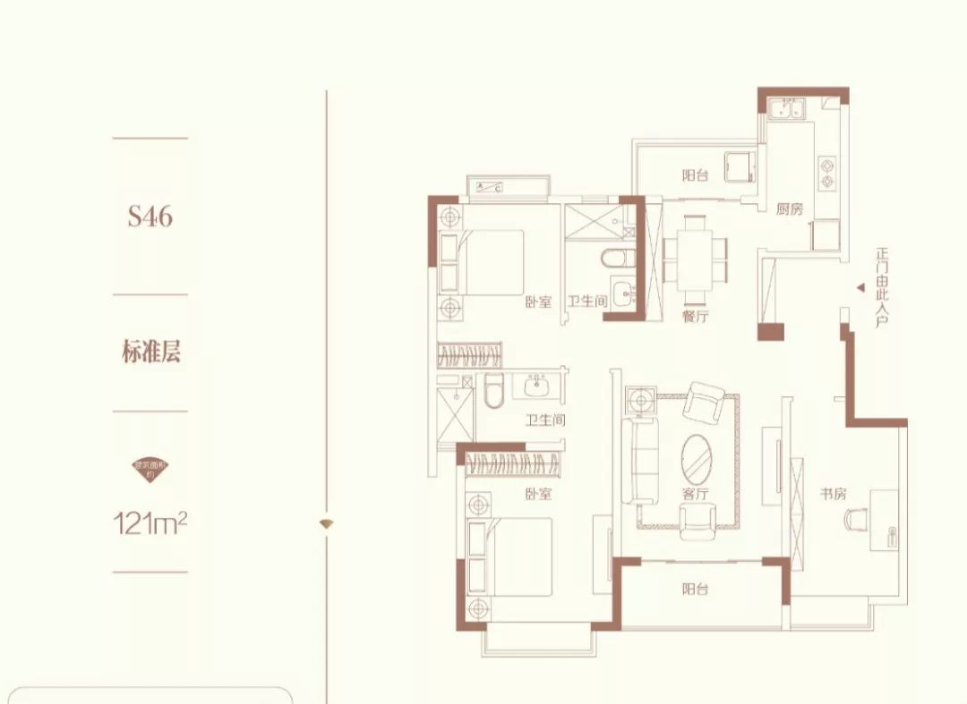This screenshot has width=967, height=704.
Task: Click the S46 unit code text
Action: click(x=150, y=216)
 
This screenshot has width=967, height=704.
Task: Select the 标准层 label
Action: click(x=151, y=352)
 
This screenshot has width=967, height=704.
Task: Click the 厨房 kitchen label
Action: click(x=790, y=210)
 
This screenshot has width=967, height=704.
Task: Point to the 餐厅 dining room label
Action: click(x=695, y=315)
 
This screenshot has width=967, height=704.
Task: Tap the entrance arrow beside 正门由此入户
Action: click(x=859, y=288)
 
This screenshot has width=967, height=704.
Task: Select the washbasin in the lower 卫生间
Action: click(x=536, y=388)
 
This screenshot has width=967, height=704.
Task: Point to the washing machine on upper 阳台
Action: click(x=740, y=166)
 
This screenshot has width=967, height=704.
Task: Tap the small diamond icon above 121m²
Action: click(x=150, y=465)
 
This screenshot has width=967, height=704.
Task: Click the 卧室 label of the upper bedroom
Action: click(x=537, y=302)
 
